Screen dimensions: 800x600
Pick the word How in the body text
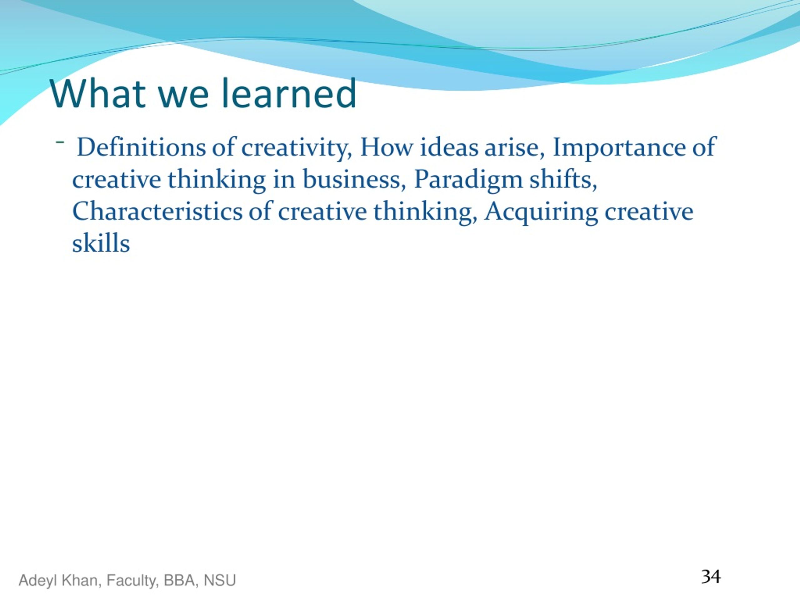387,147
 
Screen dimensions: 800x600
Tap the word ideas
449,147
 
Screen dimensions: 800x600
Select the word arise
514,148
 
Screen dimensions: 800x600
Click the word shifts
563,179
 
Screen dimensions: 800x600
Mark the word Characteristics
157,211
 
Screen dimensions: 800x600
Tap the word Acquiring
541,213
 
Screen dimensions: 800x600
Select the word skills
101,243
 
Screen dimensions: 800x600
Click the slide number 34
711,577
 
